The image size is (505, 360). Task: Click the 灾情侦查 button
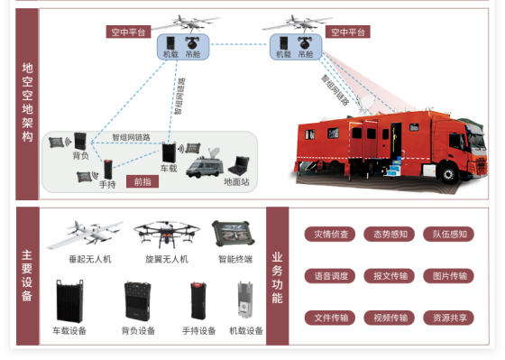(331, 235)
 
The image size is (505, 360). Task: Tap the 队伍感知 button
(448, 235)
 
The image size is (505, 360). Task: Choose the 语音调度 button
(331, 276)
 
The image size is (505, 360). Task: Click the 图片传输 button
(448, 276)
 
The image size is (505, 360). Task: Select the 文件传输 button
(331, 318)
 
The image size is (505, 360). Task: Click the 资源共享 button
(448, 318)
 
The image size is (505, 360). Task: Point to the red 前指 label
(142, 181)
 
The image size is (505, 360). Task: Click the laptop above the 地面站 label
(241, 165)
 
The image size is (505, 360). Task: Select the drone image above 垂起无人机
(84, 235)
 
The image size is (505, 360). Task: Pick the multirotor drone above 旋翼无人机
(165, 233)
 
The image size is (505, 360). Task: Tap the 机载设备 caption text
(245, 331)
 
